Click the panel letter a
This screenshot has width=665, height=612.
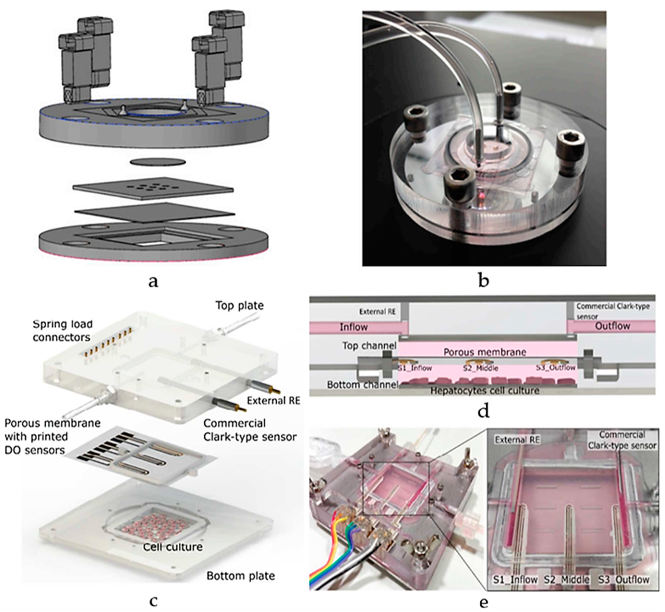(153, 282)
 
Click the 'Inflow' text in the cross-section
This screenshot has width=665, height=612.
(354, 327)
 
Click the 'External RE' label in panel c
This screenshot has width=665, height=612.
(273, 401)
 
